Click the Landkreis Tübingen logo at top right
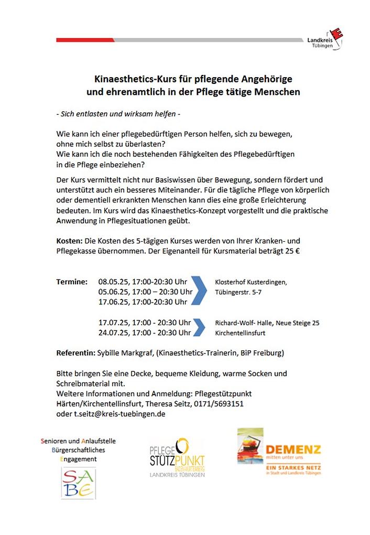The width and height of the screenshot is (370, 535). pos(325,40)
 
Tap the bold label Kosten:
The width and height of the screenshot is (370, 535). pos(70,241)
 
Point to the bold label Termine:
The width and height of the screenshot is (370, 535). pos(72,282)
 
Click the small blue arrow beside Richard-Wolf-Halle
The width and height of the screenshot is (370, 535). pos(199,327)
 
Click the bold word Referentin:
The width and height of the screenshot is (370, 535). pos(76,353)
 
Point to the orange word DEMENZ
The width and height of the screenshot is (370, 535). pos(293,450)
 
